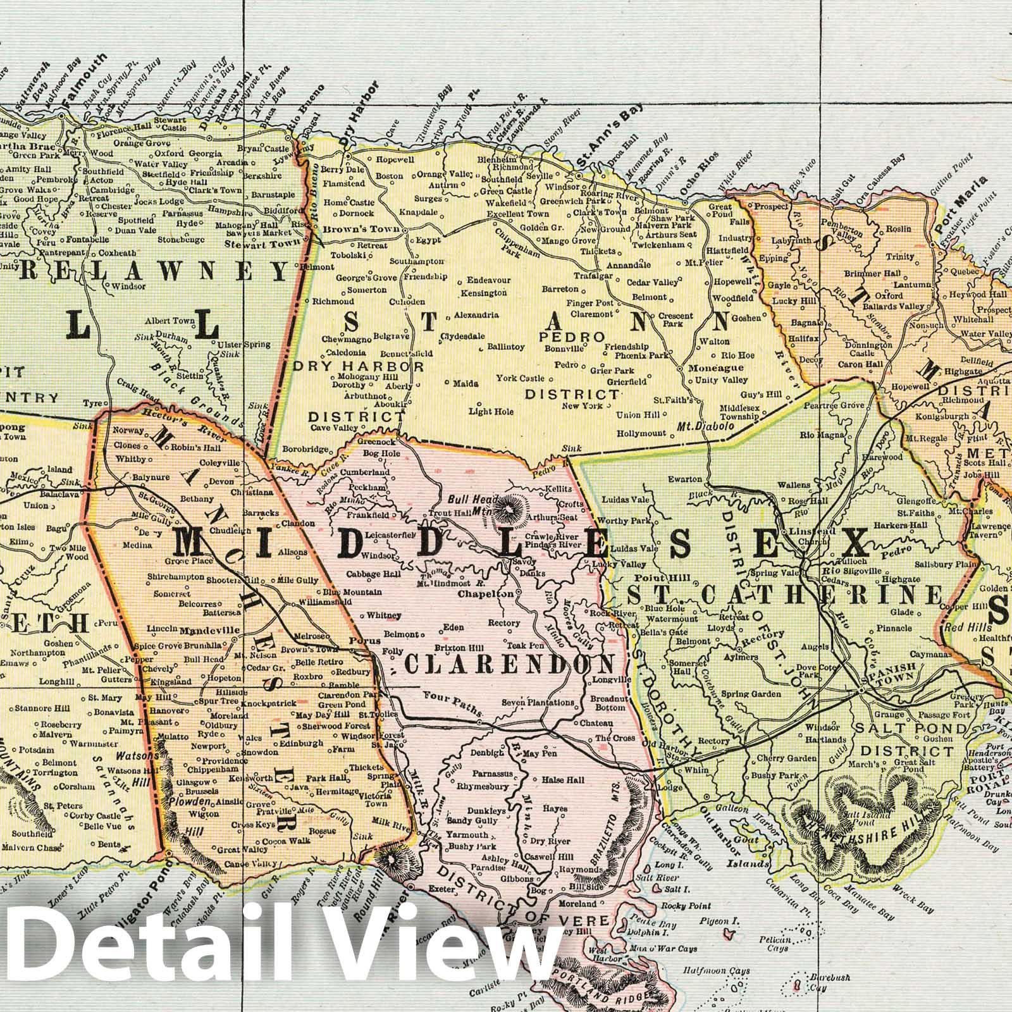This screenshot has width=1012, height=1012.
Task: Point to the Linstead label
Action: (x=804, y=532)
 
